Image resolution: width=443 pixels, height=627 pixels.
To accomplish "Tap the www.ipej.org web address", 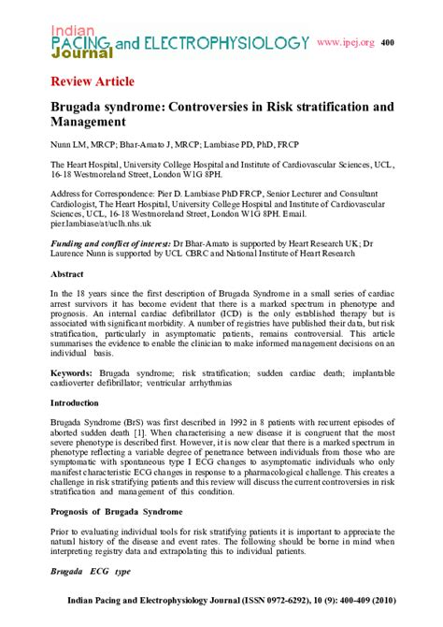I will tap(345, 42).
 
